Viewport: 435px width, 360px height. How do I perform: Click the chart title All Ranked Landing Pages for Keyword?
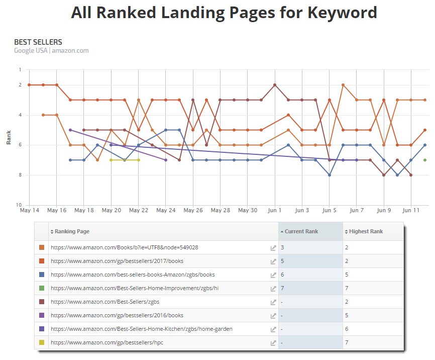224,13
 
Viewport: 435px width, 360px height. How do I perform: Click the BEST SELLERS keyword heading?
38,42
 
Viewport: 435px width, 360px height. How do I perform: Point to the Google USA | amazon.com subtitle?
51,51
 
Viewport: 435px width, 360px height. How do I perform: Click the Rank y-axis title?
9,137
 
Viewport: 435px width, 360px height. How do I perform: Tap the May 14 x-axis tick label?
29,210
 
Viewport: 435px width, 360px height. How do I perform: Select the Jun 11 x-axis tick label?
411,210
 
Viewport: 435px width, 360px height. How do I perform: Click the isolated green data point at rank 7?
425,160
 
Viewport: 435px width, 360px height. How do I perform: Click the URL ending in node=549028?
124,247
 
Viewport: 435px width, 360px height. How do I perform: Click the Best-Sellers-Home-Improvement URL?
135,288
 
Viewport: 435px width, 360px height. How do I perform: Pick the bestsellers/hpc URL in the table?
112,342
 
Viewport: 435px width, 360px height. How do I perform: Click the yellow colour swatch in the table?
42,342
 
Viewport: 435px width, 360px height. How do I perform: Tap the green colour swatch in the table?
42,288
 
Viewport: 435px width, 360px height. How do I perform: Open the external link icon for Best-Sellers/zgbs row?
273,302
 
